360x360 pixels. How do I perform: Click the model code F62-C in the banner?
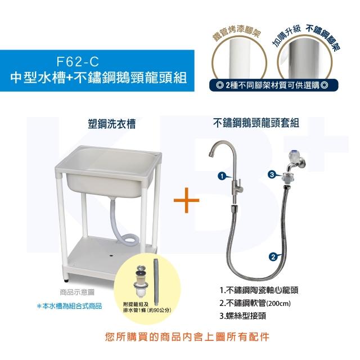78,61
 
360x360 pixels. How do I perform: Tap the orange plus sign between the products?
186,200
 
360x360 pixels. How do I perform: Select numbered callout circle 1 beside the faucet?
222,176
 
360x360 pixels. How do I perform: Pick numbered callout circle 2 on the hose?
273,256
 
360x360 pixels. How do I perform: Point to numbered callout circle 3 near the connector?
272,175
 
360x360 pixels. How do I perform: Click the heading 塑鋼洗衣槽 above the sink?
112,124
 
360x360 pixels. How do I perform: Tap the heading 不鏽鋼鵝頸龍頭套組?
256,123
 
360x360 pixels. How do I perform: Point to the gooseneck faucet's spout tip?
211,155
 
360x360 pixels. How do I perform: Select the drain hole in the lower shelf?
111,255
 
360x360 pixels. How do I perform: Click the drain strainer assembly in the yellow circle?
140,281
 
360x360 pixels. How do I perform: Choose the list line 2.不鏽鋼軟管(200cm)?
255,303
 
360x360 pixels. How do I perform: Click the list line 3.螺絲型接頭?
242,316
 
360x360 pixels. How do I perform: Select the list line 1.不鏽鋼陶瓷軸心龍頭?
259,290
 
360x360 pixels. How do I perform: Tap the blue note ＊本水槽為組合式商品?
69,306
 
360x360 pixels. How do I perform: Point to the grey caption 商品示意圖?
77,292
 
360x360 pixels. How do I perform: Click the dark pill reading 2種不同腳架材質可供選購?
273,85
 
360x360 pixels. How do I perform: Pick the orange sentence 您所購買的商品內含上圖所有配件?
187,337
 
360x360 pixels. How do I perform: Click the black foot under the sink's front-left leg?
66,280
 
